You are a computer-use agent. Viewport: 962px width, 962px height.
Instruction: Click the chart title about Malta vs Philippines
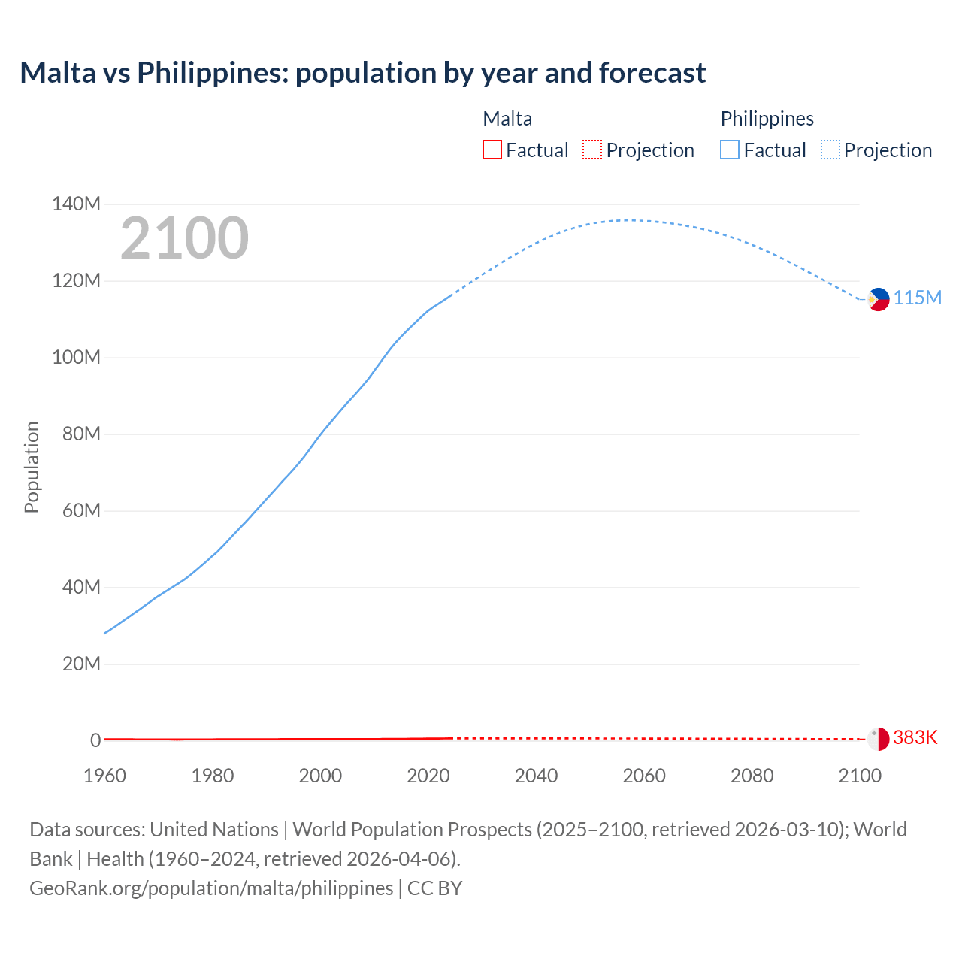coord(362,73)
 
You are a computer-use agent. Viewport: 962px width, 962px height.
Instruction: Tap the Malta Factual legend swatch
coord(492,150)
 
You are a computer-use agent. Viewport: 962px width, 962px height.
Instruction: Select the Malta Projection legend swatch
coord(592,150)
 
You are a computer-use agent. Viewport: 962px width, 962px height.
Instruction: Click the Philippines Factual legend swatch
coord(729,150)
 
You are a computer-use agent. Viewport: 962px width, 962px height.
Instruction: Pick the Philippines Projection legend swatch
coord(830,150)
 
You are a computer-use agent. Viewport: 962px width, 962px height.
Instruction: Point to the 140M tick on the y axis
coord(76,204)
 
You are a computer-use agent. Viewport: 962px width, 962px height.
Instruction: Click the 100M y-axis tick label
coord(76,358)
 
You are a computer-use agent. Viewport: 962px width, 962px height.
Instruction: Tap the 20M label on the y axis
coord(81,664)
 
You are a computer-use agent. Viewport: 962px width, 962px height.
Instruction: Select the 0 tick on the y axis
coord(95,741)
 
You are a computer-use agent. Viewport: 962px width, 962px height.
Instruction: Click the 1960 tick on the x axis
coord(104,776)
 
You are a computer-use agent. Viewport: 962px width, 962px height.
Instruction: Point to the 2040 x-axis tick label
coord(536,776)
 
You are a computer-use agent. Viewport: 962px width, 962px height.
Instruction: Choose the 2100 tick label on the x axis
coord(859,776)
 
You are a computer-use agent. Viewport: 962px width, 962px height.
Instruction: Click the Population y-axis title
coord(32,467)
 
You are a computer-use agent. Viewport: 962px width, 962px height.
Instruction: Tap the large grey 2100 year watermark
coord(184,238)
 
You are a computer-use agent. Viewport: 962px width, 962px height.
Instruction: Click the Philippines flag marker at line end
coord(878,299)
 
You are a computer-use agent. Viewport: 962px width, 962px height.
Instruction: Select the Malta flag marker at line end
coord(878,739)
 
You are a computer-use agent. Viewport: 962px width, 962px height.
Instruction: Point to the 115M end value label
coord(917,298)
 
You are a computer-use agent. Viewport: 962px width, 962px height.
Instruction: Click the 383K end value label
coord(915,738)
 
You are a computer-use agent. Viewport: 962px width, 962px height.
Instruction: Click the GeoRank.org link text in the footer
coord(211,888)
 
